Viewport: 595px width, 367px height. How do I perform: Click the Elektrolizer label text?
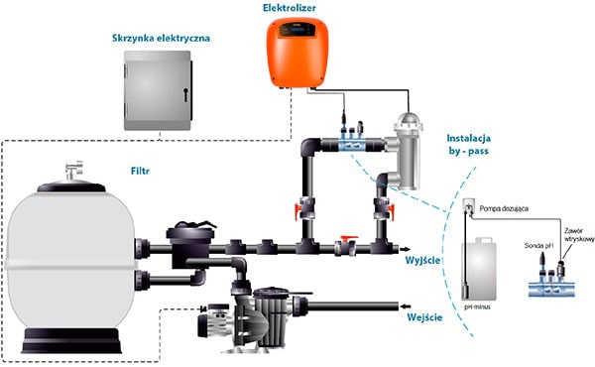[290, 8]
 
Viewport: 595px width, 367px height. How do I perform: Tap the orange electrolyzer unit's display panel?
[297, 30]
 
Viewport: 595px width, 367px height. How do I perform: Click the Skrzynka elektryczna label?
[161, 38]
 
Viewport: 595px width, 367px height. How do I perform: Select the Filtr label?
[140, 172]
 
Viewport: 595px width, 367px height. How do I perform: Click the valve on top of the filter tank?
[74, 170]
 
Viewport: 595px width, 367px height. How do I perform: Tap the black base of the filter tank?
[71, 340]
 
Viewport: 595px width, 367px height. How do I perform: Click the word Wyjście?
[422, 261]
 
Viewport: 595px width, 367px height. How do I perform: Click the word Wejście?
[424, 316]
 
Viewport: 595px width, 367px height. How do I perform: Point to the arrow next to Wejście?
[406, 306]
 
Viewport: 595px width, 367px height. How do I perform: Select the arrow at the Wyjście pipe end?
[405, 249]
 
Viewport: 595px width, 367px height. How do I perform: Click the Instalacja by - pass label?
[469, 145]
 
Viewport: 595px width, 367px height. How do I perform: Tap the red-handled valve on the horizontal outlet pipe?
[346, 246]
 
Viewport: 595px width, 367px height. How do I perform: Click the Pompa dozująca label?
[504, 208]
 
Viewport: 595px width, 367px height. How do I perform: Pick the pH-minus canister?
[479, 269]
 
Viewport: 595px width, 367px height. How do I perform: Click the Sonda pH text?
[538, 246]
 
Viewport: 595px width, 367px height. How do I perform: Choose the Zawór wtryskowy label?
[578, 235]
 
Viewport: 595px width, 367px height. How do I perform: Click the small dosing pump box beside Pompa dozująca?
[469, 207]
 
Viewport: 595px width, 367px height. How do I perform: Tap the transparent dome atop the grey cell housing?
[409, 120]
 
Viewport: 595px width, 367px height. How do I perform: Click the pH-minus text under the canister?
[477, 307]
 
